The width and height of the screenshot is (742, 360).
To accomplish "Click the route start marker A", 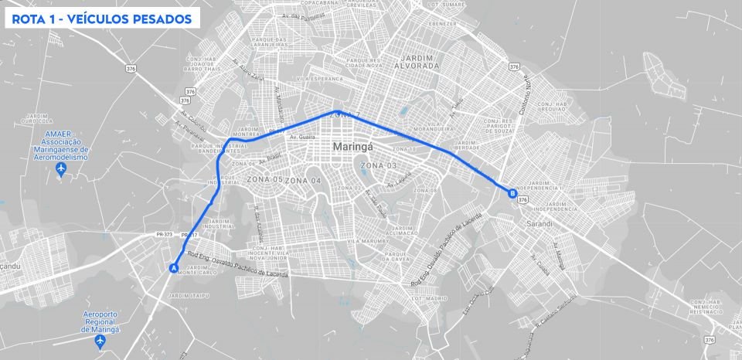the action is click(x=174, y=268).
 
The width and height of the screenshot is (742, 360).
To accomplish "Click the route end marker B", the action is click(x=512, y=194).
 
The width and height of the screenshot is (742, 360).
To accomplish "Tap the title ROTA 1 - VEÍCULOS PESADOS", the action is click(x=101, y=19).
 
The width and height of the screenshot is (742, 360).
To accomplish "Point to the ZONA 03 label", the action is click(x=378, y=166).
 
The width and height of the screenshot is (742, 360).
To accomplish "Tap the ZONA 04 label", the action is click(x=303, y=180).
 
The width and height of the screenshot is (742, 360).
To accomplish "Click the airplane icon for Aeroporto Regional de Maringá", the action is click(x=100, y=341).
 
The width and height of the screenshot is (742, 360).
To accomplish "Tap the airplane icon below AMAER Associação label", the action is click(x=61, y=168).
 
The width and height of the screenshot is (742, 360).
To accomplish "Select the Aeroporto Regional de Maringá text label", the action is click(x=100, y=321).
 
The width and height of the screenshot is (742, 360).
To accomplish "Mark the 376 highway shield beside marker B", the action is click(x=523, y=199).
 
